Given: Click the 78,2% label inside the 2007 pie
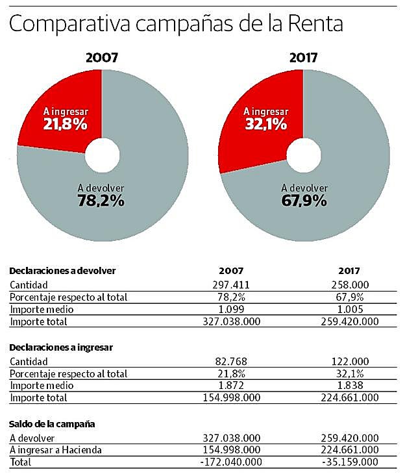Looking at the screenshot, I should click(x=101, y=201).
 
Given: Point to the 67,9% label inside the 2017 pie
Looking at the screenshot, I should click(x=304, y=201).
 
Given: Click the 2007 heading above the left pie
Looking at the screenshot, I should click(x=102, y=57).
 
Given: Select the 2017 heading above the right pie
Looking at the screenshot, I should click(x=304, y=57).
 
